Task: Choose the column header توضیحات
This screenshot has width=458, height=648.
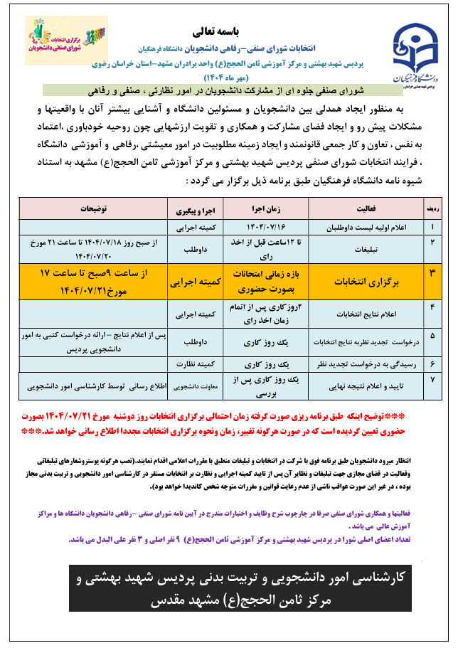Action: [x=93, y=211]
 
